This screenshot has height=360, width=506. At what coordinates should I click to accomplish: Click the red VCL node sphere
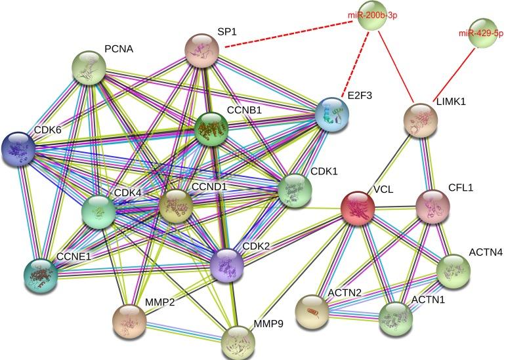click(x=358, y=209)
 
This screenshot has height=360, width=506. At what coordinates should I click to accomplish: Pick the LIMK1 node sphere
click(x=420, y=121)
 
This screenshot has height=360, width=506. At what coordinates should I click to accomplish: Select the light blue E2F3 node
click(x=332, y=115)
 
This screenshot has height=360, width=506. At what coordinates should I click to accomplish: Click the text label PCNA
click(x=118, y=49)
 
